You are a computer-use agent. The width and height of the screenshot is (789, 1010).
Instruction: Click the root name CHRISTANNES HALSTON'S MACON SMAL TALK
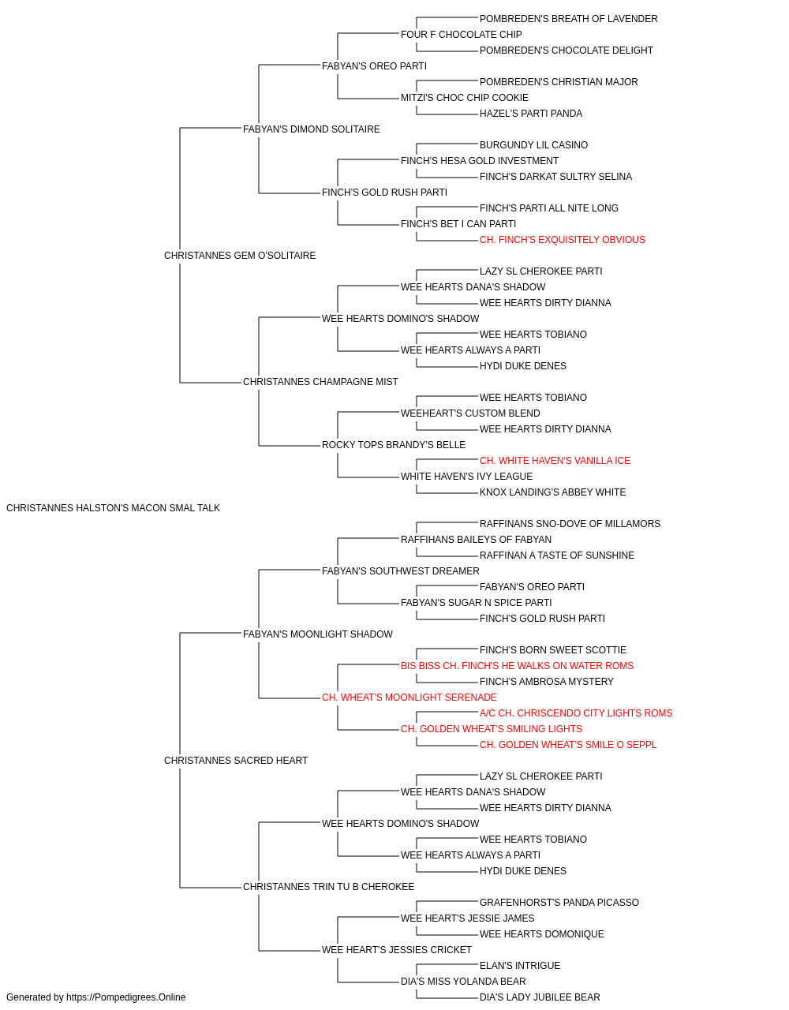click(x=113, y=508)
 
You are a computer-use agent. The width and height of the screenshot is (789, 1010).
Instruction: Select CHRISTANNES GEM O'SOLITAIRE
click(x=240, y=256)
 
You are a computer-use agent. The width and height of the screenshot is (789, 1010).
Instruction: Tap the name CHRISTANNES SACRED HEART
click(x=236, y=761)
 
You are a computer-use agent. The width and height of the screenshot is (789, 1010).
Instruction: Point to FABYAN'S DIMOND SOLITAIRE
click(x=312, y=129)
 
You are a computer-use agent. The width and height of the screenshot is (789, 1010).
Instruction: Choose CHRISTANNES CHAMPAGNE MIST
click(x=320, y=382)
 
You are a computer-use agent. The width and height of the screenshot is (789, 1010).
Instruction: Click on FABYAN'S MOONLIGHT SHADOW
click(x=318, y=634)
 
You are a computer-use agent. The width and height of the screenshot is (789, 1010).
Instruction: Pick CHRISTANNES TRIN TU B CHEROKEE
click(x=328, y=886)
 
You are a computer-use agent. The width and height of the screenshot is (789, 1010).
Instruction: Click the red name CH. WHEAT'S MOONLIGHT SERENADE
click(x=409, y=698)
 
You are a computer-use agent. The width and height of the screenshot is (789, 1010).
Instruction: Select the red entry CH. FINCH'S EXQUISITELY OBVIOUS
click(x=563, y=240)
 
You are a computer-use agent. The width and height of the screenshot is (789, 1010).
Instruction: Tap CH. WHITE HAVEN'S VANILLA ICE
click(x=555, y=461)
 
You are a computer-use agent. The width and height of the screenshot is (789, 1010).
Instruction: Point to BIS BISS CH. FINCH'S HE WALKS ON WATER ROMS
click(x=517, y=666)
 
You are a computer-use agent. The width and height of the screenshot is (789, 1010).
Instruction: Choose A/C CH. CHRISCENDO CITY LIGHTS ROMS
click(x=576, y=713)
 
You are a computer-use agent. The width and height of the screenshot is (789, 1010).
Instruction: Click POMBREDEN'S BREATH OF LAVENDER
click(x=568, y=19)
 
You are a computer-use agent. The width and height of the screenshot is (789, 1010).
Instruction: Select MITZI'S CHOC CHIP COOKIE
click(x=465, y=98)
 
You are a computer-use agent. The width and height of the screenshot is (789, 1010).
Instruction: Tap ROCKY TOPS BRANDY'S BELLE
click(x=394, y=445)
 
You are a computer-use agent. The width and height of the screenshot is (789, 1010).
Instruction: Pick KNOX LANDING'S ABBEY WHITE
click(x=552, y=492)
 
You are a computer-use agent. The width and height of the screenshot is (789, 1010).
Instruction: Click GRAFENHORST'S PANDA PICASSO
click(x=559, y=902)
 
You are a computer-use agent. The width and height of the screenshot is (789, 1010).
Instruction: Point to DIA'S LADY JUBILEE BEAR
click(x=540, y=997)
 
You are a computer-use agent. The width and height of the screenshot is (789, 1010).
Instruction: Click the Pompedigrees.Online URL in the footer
click(x=126, y=997)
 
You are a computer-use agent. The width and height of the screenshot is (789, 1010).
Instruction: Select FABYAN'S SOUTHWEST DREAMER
click(x=401, y=570)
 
